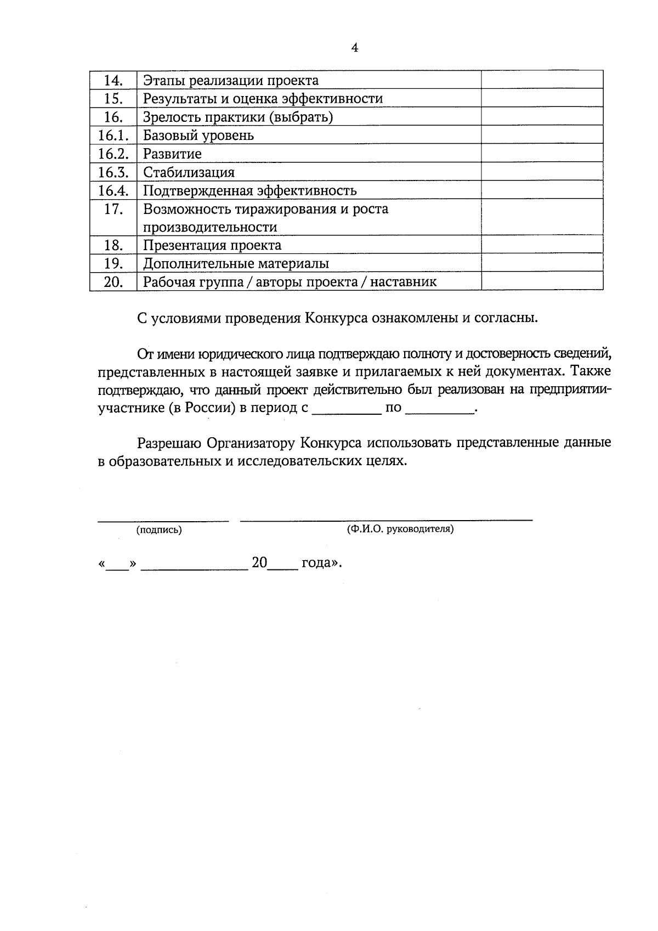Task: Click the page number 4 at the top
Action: [x=354, y=48]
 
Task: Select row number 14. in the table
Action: [x=113, y=81]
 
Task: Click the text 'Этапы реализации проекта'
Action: [x=231, y=81]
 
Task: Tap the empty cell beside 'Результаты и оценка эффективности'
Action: [x=542, y=99]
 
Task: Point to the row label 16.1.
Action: [x=113, y=135]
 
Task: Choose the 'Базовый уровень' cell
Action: [x=198, y=135]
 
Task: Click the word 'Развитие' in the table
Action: [x=172, y=154]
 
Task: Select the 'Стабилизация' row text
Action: [x=189, y=172]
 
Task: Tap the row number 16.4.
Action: [x=113, y=190]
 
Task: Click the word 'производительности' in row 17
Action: [x=210, y=227]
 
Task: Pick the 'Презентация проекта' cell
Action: [x=212, y=245]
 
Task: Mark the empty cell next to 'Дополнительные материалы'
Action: [x=542, y=263]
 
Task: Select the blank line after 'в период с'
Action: [x=347, y=409]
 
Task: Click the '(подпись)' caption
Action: [x=159, y=530]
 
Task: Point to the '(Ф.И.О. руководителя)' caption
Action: [x=400, y=529]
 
